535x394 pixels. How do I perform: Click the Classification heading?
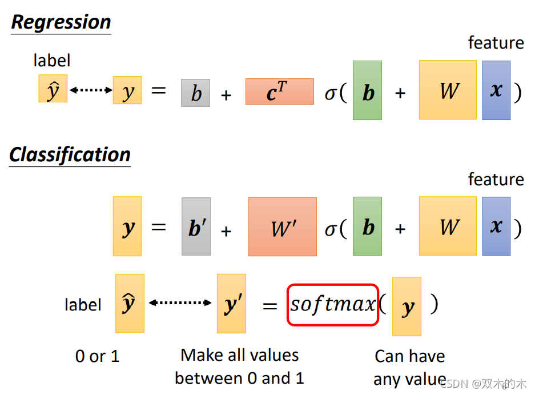pos(70,154)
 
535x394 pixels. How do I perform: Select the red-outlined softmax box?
pos(333,304)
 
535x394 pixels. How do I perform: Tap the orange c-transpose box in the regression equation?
pos(279,91)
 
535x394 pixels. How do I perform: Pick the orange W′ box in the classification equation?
pos(282,226)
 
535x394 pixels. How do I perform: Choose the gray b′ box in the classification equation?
pos(196,226)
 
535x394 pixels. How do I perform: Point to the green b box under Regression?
pos(367,90)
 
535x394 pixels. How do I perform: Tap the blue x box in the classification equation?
pos(496,226)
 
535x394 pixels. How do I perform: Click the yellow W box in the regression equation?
pos(448,90)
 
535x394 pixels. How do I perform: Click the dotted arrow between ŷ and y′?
pos(180,303)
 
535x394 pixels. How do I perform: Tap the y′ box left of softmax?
pos(231,303)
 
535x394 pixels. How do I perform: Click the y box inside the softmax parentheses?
pos(407,307)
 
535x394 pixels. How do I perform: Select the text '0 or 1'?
pos(97,356)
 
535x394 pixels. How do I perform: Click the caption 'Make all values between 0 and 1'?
pos(240,367)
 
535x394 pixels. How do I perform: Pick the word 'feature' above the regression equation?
pos(496,43)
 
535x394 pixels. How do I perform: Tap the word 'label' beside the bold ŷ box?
pos(83,305)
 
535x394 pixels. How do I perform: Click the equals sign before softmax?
pos(269,306)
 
